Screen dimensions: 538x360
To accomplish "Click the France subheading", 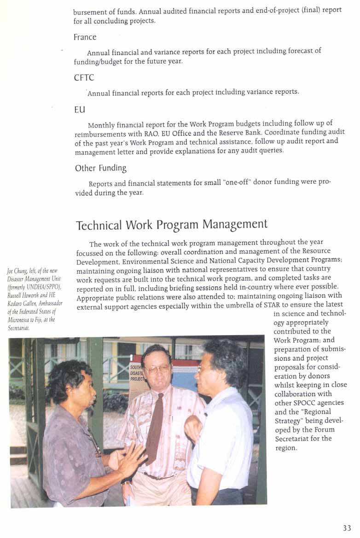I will pyautogui.click(x=85, y=37).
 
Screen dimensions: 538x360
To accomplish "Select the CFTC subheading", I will pyautogui.click(x=84, y=78).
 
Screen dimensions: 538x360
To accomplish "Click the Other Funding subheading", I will pyautogui.click(x=100, y=168).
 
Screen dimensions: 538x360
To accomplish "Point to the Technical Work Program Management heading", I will pyautogui.click(x=171, y=225).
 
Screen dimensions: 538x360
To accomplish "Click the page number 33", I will pyautogui.click(x=347, y=528).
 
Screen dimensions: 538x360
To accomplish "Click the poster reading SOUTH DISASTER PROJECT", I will pyautogui.click(x=136, y=372).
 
